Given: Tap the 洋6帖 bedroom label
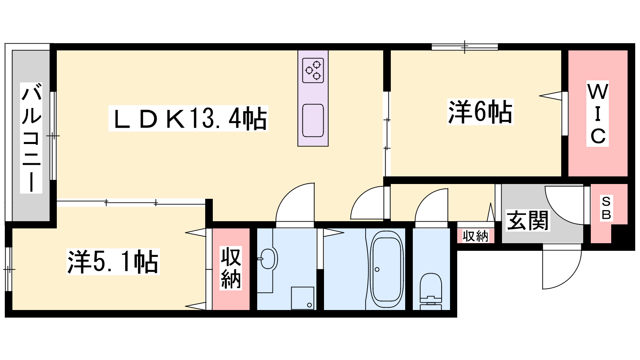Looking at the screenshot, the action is (480, 112).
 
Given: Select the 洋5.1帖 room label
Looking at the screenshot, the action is (113, 262).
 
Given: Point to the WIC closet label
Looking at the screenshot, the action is (598, 114).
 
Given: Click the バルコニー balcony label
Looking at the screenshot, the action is (31, 138).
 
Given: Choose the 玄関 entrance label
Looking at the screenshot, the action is (528, 220).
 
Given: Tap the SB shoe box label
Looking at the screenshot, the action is (606, 208).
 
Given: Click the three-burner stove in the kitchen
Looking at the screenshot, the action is (313, 70).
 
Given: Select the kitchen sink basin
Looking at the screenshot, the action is (313, 120).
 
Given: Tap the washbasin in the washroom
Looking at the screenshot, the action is (268, 259).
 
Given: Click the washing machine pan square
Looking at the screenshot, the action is (302, 298).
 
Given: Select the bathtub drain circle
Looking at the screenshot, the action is (377, 270).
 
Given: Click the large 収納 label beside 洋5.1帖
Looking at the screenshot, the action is (231, 268).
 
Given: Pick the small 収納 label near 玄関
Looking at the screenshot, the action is (476, 236).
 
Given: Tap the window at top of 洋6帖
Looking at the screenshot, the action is (465, 47).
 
